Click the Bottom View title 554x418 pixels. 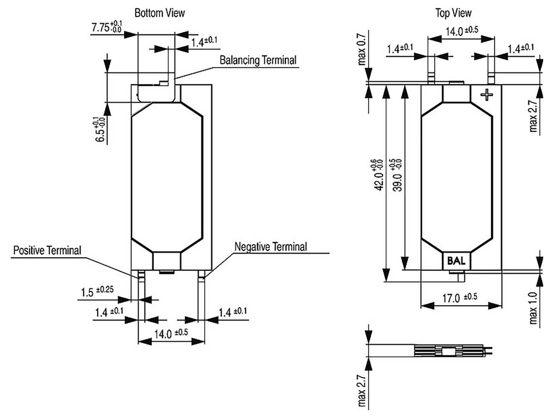(x=159, y=13)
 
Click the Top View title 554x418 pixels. (x=453, y=13)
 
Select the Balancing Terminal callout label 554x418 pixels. (x=258, y=60)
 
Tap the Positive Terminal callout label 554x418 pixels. (x=47, y=250)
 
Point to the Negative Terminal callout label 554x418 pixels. (x=270, y=247)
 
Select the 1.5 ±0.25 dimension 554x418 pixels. (x=97, y=291)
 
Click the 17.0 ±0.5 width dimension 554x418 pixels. (x=460, y=298)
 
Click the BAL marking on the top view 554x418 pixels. (x=456, y=261)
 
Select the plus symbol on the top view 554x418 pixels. (x=487, y=95)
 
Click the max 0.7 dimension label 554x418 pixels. (x=362, y=50)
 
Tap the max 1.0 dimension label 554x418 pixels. (x=533, y=308)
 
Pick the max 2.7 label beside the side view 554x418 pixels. (x=362, y=391)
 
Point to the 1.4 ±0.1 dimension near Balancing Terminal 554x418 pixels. (x=204, y=42)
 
